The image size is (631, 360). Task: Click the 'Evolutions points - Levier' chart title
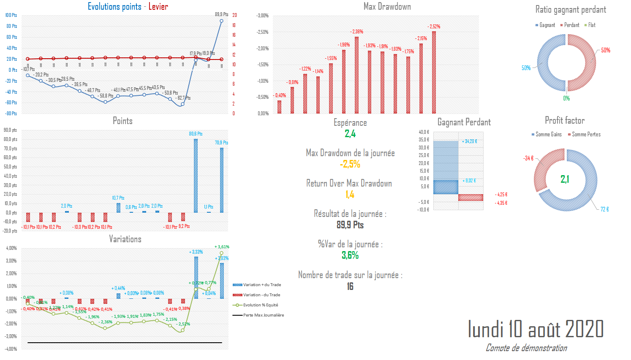128,6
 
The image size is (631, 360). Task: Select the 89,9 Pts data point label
221,14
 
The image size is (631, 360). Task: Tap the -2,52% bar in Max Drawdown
434,72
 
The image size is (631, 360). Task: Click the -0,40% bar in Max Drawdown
279,107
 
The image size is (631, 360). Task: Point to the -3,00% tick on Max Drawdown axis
262,16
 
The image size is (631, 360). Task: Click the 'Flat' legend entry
591,25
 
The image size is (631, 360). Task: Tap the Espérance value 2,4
350,134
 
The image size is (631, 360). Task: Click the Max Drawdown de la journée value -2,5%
350,164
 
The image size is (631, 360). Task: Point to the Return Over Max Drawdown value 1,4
350,195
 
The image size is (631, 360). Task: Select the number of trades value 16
350,286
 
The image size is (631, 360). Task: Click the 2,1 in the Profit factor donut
565,179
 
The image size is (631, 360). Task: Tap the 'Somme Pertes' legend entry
586,135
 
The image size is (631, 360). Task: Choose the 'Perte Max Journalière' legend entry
263,315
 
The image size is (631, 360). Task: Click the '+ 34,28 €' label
470,141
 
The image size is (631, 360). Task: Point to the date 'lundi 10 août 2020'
536,329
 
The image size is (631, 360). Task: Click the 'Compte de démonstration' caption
526,348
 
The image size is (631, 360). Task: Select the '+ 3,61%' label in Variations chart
222,247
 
